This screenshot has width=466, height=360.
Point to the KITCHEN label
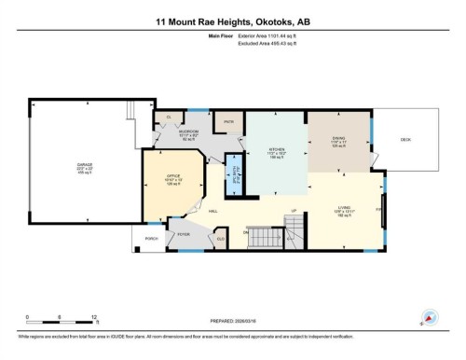coord(276,149)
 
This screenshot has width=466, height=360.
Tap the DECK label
coord(405,140)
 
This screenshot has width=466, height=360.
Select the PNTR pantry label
coord(226,121)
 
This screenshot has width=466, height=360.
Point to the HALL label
coord(213,212)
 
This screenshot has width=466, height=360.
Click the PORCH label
coord(151,239)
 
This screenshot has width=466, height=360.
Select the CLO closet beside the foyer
coord(221,240)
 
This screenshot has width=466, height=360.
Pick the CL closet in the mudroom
coord(169,117)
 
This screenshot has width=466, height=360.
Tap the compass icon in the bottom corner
coord(430,316)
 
